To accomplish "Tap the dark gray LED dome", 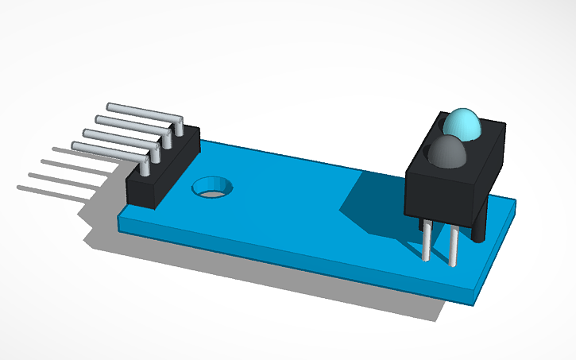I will pyautogui.click(x=447, y=152).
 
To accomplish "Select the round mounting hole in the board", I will pyautogui.click(x=213, y=188).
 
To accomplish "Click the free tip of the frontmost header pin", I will pyautogui.click(x=75, y=145).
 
